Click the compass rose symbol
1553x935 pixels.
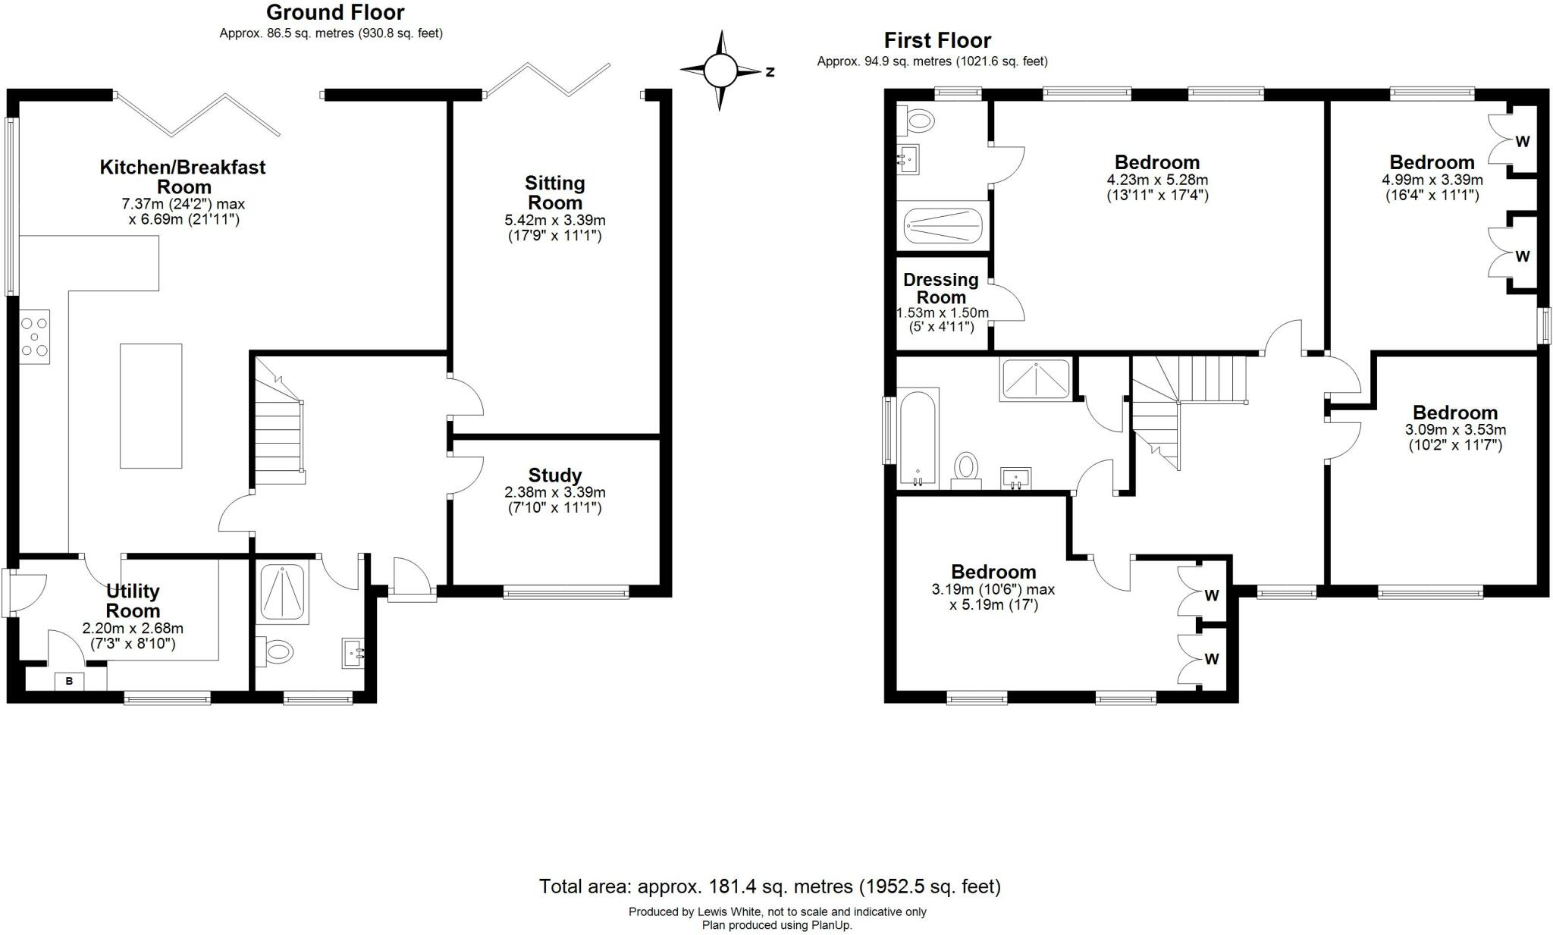click(x=720, y=71)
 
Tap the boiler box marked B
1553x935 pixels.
click(x=69, y=681)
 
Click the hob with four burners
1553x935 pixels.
click(x=35, y=336)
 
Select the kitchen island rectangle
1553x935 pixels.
click(x=151, y=406)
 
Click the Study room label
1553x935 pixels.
click(x=554, y=475)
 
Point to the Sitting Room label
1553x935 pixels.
click(x=554, y=193)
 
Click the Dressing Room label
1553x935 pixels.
click(x=940, y=288)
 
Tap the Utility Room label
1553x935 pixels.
click(x=133, y=601)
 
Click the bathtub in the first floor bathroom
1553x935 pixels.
click(x=918, y=438)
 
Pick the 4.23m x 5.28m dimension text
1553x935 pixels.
click(x=1157, y=180)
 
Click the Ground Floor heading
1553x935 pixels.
click(x=334, y=12)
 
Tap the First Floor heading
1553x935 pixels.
click(x=937, y=40)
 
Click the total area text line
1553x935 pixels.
click(x=769, y=886)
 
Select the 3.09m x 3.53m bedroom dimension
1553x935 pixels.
click(x=1454, y=430)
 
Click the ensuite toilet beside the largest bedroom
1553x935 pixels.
click(x=918, y=120)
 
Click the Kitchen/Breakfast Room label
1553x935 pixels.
click(x=183, y=176)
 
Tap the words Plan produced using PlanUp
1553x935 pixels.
click(x=776, y=925)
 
